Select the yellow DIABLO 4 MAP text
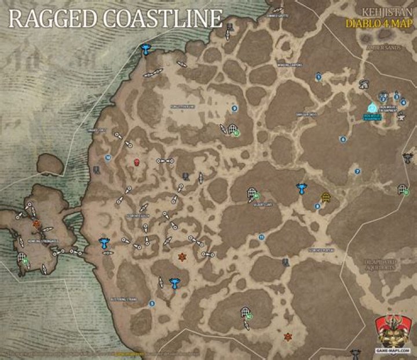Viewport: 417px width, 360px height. (378, 24)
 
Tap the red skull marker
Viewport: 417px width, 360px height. (137, 162)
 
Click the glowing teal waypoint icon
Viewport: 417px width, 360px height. (372, 107)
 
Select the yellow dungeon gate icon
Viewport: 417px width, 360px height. (325, 197)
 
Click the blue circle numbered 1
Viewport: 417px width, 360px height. (319, 76)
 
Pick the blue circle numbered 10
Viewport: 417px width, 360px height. (108, 157)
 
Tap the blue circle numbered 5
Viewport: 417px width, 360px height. (152, 303)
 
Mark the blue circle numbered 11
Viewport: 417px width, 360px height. (262, 237)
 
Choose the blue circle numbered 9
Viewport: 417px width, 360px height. (235, 108)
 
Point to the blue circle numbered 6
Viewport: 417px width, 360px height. (343, 139)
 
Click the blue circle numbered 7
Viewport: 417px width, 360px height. (357, 172)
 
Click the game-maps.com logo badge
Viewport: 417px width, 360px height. (393, 333)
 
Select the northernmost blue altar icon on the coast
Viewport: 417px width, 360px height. (146, 50)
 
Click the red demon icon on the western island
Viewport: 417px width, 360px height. (36, 223)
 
